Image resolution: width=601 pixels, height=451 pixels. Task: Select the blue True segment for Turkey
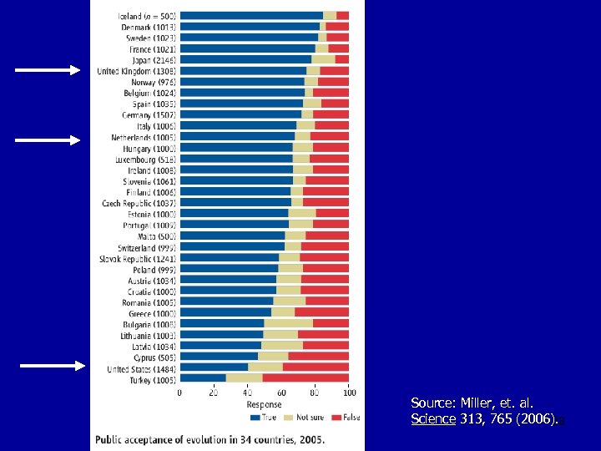(x=203, y=378)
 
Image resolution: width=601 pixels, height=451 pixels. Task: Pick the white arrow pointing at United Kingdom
(x=48, y=71)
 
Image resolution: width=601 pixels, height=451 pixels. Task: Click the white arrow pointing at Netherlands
(x=48, y=139)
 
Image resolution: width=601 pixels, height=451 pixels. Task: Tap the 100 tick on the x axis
(x=349, y=392)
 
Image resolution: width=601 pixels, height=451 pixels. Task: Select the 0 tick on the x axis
(x=180, y=392)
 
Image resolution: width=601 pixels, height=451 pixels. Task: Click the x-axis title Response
(x=264, y=404)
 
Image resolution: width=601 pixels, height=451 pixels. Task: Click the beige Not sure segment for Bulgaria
(x=288, y=323)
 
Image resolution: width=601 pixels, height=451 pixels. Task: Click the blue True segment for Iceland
(x=251, y=16)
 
